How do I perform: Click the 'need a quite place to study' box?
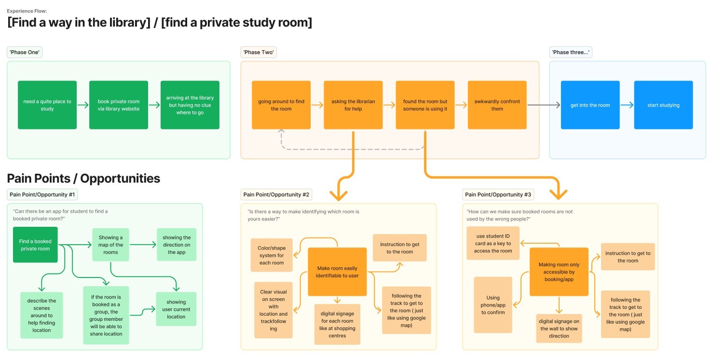click(47, 105)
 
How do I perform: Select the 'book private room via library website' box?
click(119, 105)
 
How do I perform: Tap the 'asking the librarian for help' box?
click(353, 105)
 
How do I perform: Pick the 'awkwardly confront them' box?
click(497, 105)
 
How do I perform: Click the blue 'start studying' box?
click(663, 105)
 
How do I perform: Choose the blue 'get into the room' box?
click(590, 105)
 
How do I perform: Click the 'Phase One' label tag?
click(25, 52)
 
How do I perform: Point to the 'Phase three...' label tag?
click(571, 52)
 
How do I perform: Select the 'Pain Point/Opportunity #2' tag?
click(276, 194)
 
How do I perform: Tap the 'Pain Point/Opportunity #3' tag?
click(498, 194)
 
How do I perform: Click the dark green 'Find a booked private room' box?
click(35, 245)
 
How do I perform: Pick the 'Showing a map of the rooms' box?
click(110, 245)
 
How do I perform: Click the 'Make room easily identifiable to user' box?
click(337, 272)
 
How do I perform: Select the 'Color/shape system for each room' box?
click(272, 255)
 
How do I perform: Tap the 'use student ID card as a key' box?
click(493, 243)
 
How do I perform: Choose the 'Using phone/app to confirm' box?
click(493, 305)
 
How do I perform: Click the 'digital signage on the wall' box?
click(559, 329)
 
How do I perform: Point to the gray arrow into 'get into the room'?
click(544, 105)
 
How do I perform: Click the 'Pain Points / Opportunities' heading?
click(83, 179)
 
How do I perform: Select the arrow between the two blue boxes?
click(627, 105)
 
